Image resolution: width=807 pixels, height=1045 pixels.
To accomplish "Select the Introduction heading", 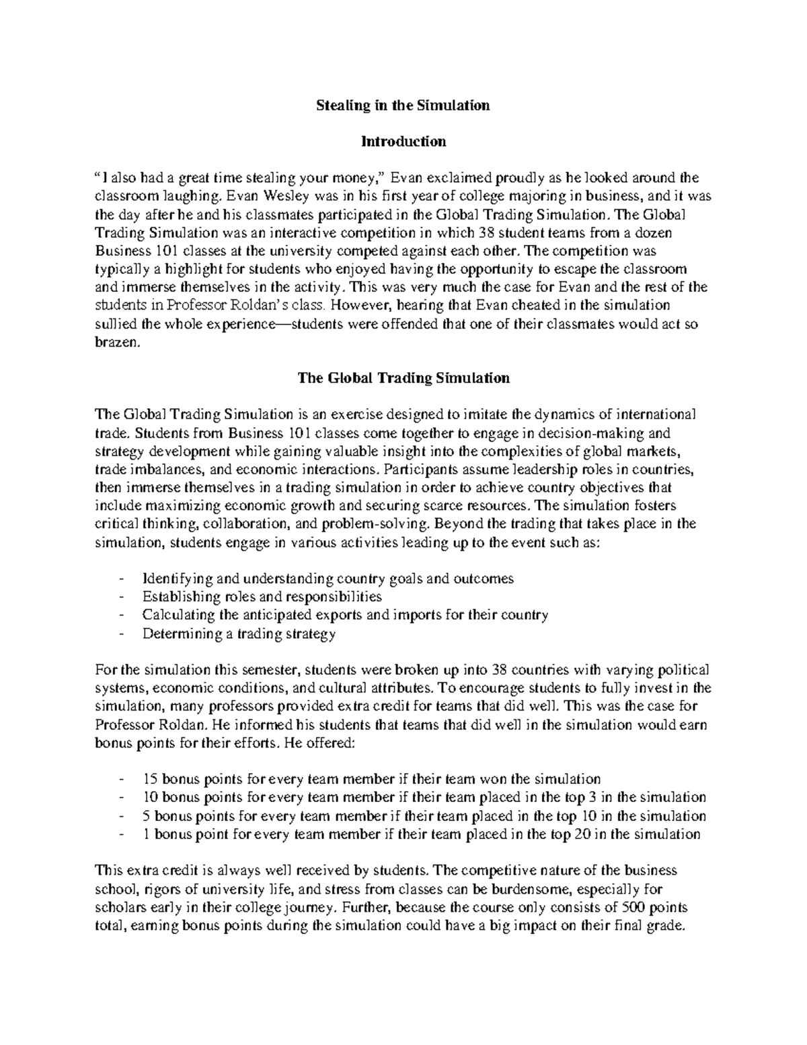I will coord(403,141).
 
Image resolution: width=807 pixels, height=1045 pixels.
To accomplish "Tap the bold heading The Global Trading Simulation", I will coord(403,377).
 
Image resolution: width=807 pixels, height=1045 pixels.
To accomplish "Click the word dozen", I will coord(654,232).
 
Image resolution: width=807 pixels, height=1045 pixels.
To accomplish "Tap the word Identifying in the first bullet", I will coord(171,578).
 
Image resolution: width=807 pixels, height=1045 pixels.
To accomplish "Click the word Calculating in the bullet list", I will coord(174,614).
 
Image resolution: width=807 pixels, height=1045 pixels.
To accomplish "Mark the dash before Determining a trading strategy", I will coord(120,633).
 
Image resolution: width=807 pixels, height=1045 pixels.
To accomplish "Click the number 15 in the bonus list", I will coord(150,779).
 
